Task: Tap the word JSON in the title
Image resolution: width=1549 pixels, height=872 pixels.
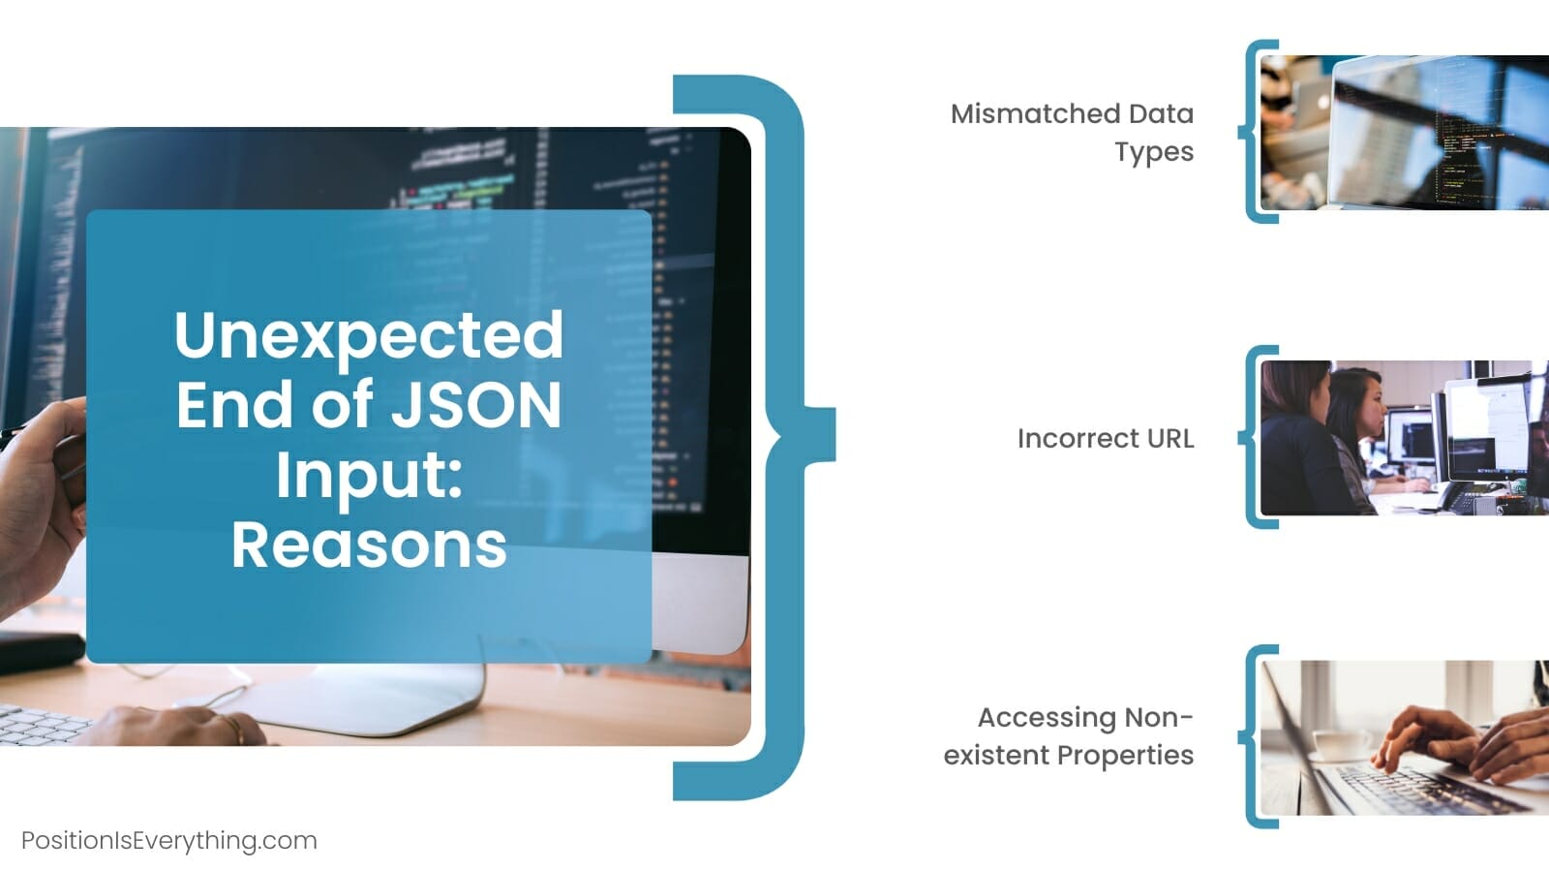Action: pyautogui.click(x=476, y=405)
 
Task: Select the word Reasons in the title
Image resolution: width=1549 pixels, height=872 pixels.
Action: pyautogui.click(x=369, y=546)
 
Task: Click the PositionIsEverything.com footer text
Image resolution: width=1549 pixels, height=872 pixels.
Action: pyautogui.click(x=169, y=841)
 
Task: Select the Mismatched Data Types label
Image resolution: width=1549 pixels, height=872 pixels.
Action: pyautogui.click(x=1072, y=133)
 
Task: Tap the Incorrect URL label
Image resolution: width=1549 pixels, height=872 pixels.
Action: pyautogui.click(x=1106, y=439)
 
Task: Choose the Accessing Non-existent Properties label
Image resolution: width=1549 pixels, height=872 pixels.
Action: pyautogui.click(x=1069, y=736)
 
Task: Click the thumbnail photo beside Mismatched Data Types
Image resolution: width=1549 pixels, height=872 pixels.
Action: pyautogui.click(x=1405, y=132)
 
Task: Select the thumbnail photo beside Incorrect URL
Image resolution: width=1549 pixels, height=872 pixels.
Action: pyautogui.click(x=1405, y=437)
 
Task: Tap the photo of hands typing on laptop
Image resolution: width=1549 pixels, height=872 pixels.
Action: pyautogui.click(x=1405, y=737)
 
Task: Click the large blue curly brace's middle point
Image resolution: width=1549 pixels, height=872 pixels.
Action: pyautogui.click(x=820, y=435)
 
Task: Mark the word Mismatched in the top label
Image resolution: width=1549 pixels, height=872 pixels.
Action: pyautogui.click(x=1035, y=113)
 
